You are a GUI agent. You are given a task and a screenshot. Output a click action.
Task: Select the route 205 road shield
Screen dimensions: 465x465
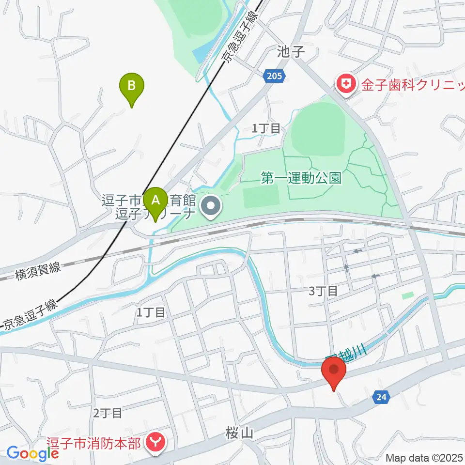coord(276,76)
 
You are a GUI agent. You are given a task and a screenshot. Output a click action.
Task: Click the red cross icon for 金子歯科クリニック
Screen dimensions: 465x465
coord(345,85)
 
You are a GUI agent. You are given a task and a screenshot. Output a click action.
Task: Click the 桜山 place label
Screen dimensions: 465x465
coord(240,433)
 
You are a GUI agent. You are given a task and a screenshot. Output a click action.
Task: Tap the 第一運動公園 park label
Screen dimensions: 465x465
coord(301,178)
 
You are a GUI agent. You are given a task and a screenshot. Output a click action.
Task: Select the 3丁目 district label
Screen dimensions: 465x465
coord(323,291)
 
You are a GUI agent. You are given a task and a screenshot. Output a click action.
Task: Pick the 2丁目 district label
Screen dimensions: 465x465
coord(107,413)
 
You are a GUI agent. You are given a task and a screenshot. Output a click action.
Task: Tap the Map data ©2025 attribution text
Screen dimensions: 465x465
coord(425,457)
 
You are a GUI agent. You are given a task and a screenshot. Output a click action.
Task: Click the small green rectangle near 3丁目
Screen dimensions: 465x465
coord(408,295)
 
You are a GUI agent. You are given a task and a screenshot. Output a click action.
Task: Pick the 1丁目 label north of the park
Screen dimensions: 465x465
coord(266,128)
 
